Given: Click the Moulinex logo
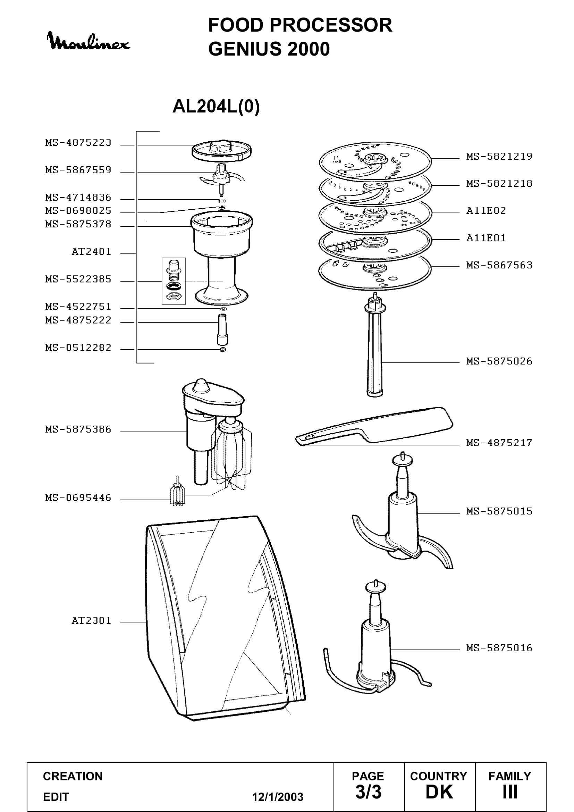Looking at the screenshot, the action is pos(88,41).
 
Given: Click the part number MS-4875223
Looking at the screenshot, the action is pos(78,143).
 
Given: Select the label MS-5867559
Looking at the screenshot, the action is pos(78,170).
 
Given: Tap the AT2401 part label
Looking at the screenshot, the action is pos(91,252).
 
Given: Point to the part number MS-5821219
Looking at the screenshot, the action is pos(499,156).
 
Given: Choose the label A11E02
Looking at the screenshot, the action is pos(486,211).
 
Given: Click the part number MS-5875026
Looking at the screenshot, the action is pos(499,361).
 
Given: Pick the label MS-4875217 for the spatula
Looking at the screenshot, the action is pos(499,443).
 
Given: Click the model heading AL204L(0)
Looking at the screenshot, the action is pos(216,106).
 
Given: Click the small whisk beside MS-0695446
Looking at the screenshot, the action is pos(177,492).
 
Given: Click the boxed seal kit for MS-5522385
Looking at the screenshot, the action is pos(174,281).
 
